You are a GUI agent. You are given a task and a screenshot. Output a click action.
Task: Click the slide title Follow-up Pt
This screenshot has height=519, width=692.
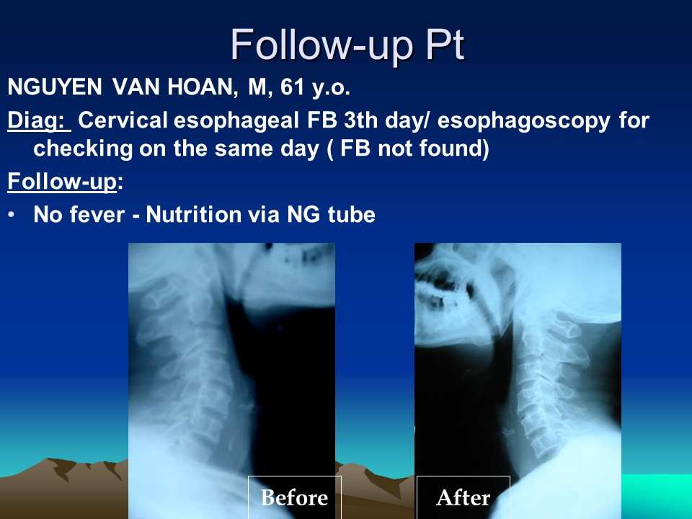coord(347,45)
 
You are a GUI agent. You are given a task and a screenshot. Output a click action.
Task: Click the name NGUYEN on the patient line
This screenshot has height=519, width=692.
coord(55,86)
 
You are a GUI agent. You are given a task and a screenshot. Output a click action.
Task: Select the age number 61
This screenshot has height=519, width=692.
coord(292,86)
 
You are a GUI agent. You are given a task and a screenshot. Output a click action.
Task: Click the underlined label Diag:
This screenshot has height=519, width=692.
coord(39,120)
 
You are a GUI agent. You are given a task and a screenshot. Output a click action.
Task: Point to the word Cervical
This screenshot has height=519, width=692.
coord(123,120)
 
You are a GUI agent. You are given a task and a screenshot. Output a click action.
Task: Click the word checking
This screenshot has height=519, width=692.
coord(83,148)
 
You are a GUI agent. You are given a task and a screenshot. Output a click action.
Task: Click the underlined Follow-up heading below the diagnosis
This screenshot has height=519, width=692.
coord(62,182)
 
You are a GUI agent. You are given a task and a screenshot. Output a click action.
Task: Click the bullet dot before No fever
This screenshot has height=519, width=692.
coord(12,215)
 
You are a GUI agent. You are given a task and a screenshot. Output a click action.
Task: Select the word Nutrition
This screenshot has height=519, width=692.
coord(193,215)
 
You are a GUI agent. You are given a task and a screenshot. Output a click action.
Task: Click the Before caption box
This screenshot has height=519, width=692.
coord(294,497)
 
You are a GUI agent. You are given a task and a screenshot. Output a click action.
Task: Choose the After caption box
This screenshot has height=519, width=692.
coord(463,497)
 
